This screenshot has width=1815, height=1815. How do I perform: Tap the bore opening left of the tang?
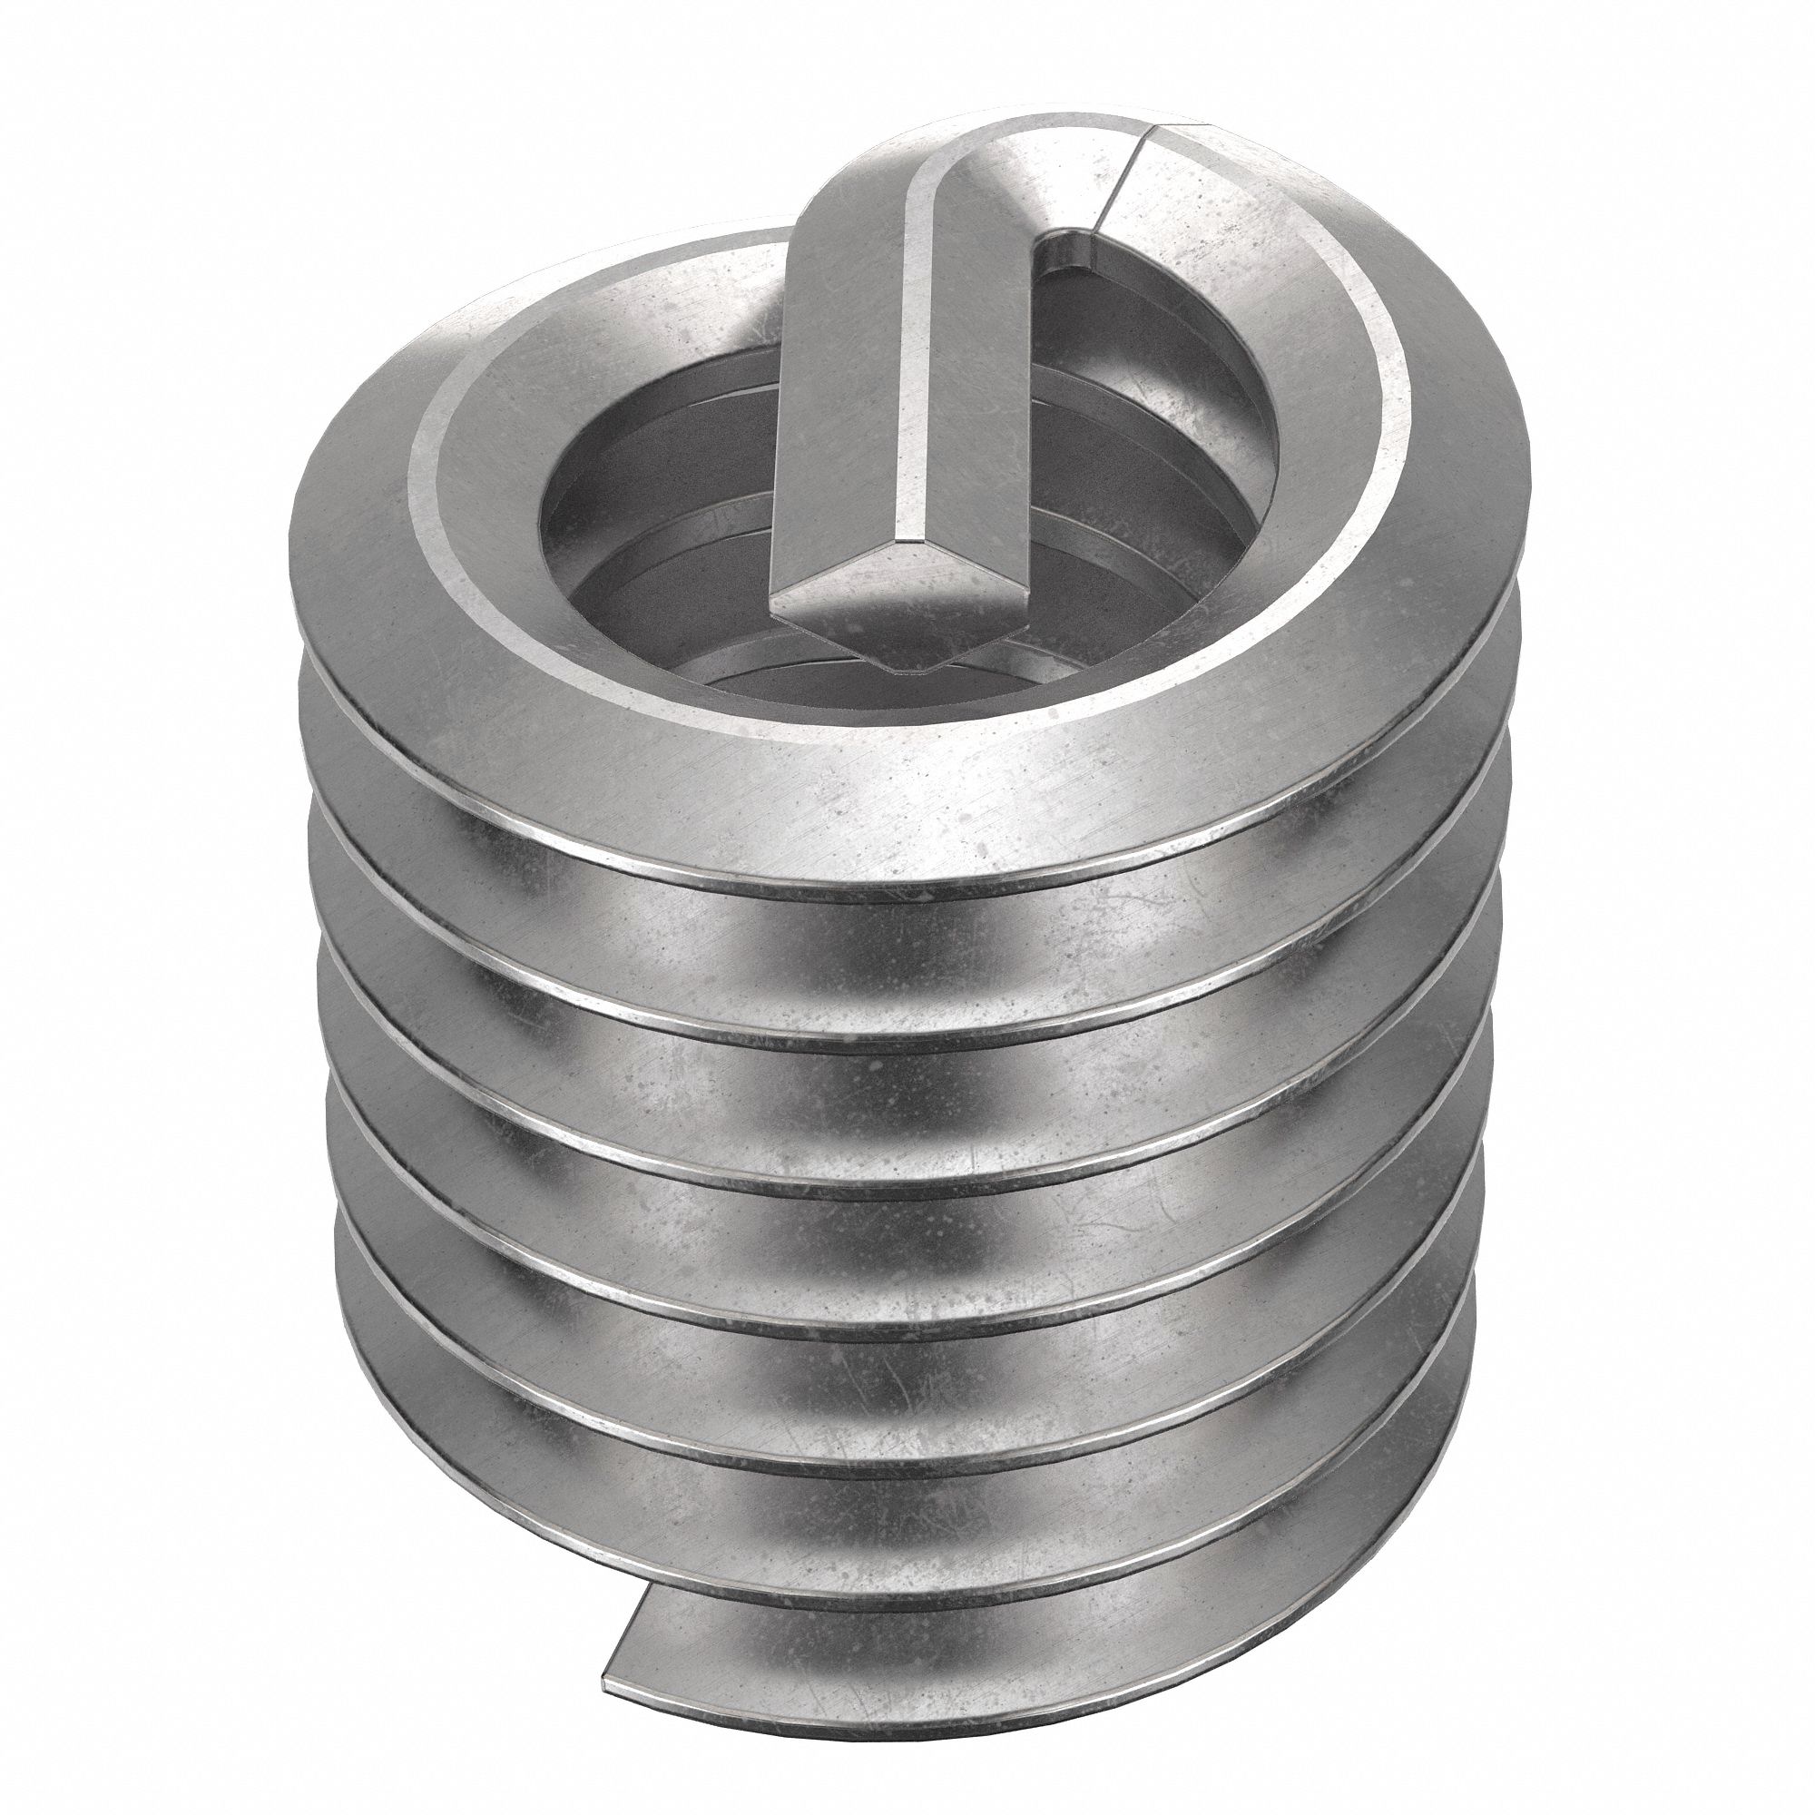pos(658,526)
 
